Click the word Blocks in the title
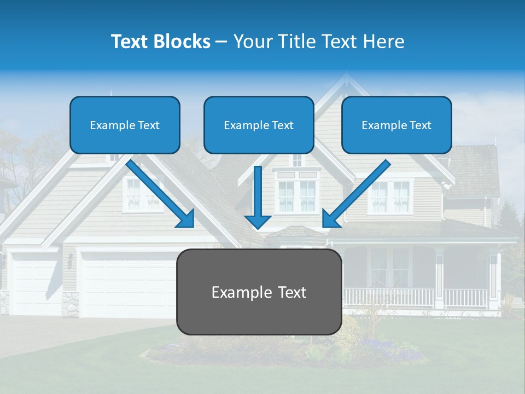pos(182,42)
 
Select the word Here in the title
pos(383,42)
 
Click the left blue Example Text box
pos(125,125)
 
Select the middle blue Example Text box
pos(259,125)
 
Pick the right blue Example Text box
pos(396,125)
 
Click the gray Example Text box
pos(259,292)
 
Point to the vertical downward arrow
pos(258,197)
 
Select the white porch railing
pos(416,298)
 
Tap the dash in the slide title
pos(222,42)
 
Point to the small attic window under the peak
pos(296,160)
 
